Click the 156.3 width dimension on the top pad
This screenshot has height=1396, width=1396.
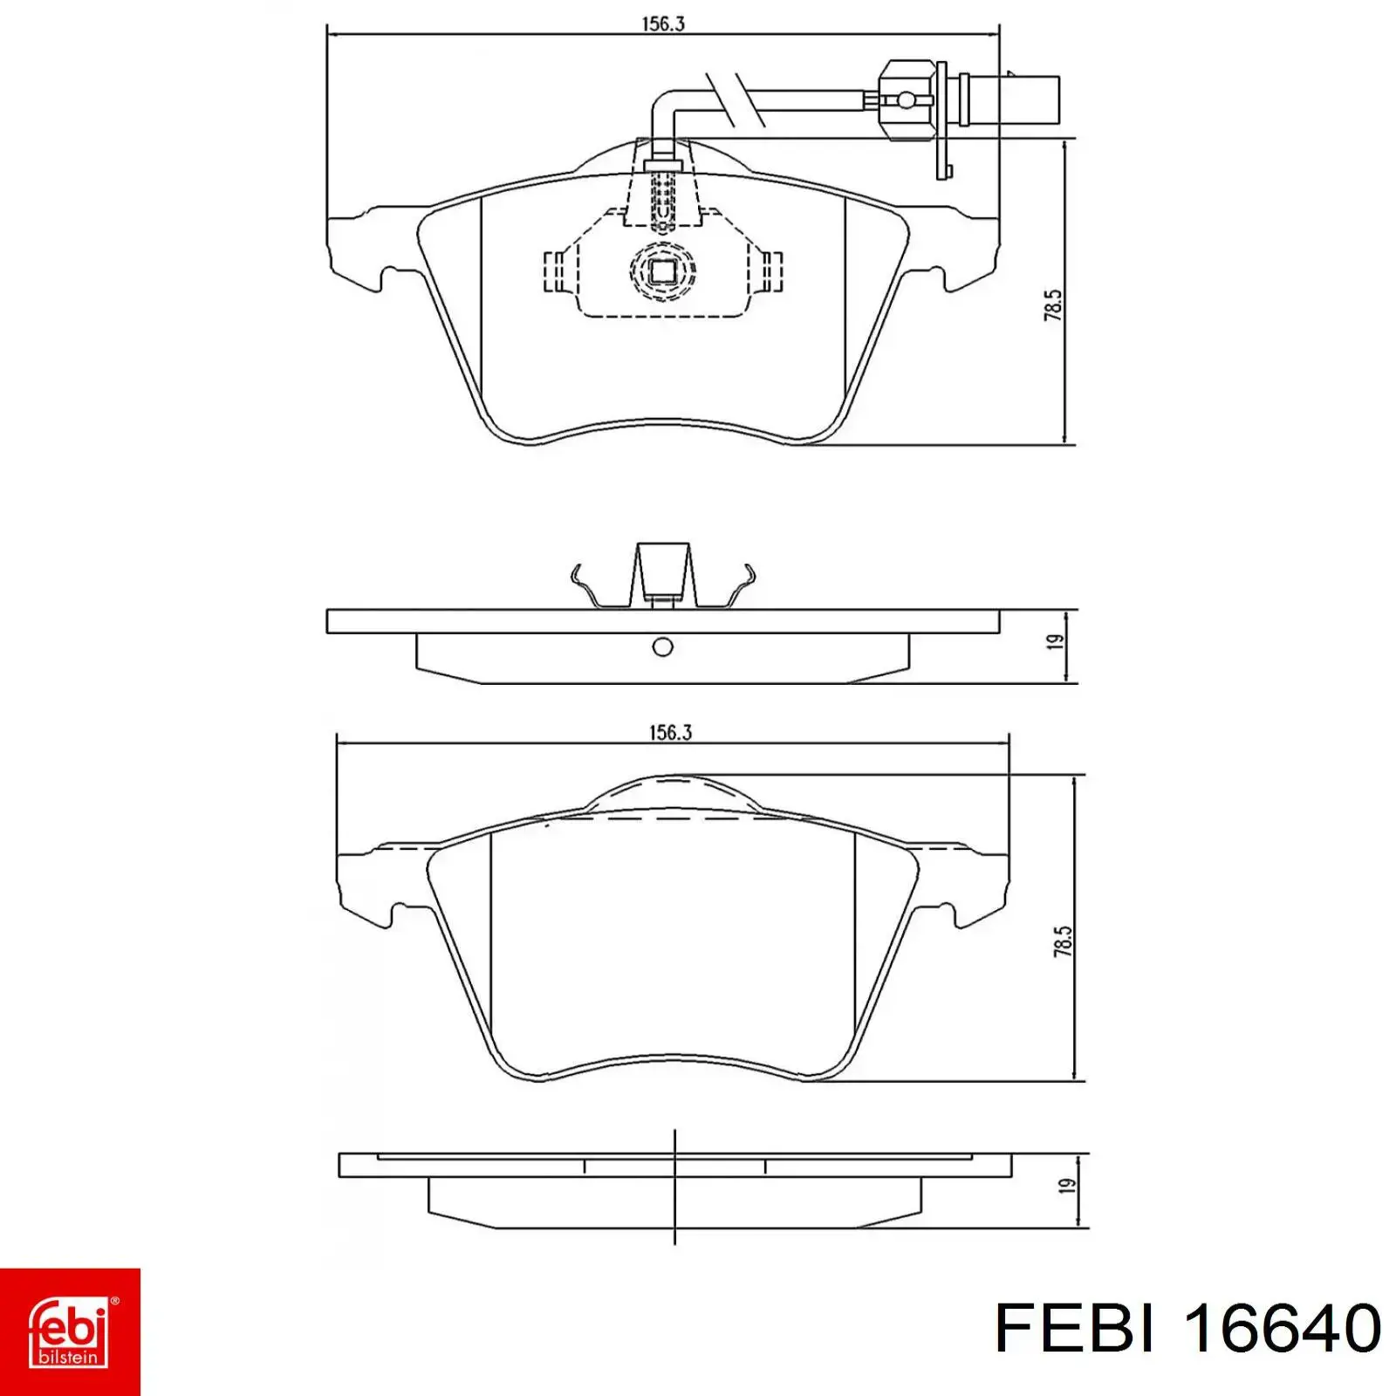click(x=663, y=24)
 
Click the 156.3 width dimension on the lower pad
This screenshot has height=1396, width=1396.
click(x=670, y=732)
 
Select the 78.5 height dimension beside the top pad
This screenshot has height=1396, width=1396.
click(x=1053, y=305)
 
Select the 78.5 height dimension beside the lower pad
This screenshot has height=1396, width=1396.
click(x=1063, y=941)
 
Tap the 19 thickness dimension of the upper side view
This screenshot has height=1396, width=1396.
click(x=1056, y=642)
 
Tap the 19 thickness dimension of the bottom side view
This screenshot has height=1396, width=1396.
click(x=1066, y=1187)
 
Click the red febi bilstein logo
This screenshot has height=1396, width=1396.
click(x=70, y=1331)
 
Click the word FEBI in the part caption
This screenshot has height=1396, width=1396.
click(x=1076, y=1328)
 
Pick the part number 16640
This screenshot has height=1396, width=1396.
click(x=1281, y=1328)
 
